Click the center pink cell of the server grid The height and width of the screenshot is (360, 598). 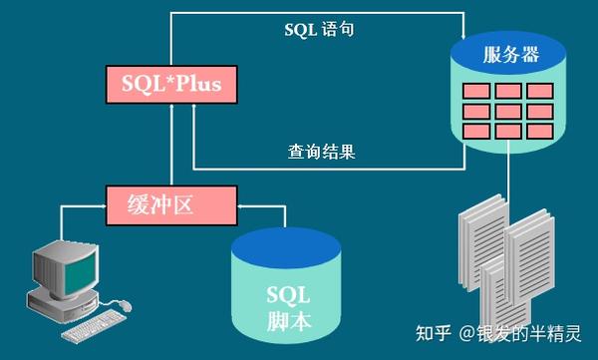coord(509,109)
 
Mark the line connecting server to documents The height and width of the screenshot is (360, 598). coord(509,180)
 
